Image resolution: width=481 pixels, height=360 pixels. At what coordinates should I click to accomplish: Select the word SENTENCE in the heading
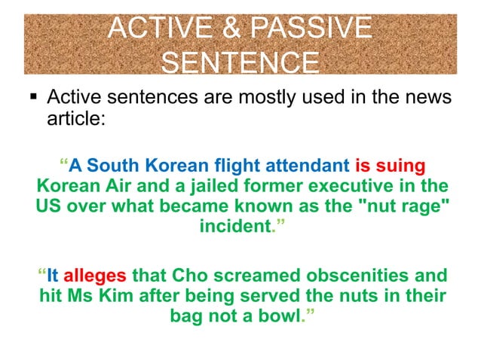pos(240,62)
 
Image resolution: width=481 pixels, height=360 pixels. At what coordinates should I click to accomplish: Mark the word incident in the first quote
pos(234,225)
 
